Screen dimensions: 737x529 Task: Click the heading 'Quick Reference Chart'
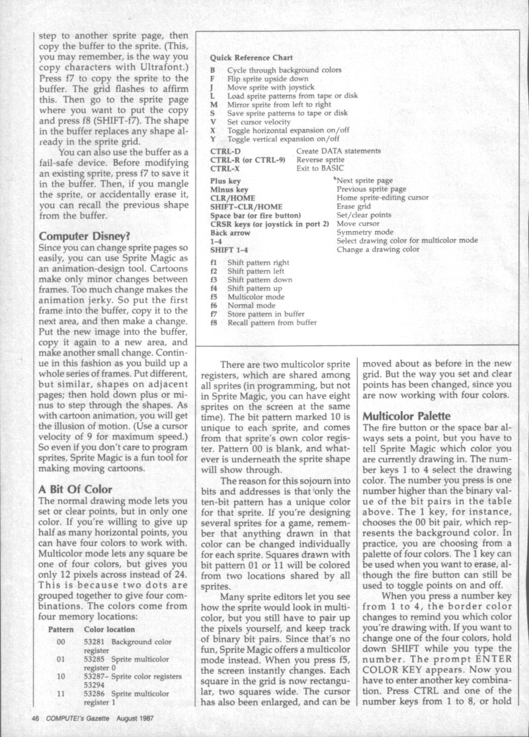[x=251, y=58]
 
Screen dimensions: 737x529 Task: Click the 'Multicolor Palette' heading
[x=405, y=417]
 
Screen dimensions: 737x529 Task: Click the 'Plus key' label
[x=225, y=181]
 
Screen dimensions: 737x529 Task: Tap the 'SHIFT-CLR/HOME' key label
[x=241, y=206]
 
